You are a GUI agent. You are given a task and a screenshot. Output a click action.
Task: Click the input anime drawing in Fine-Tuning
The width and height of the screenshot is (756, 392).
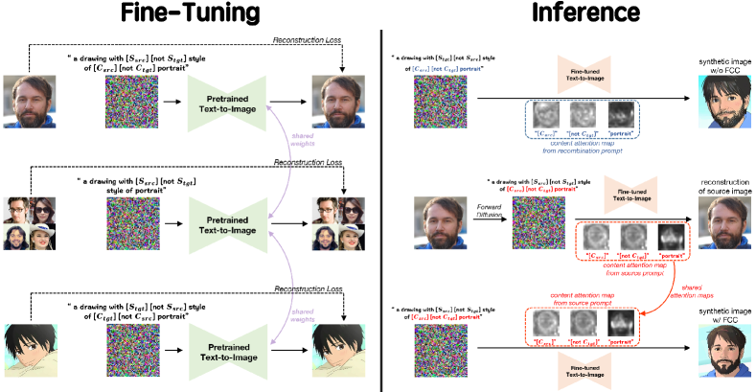point(33,348)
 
